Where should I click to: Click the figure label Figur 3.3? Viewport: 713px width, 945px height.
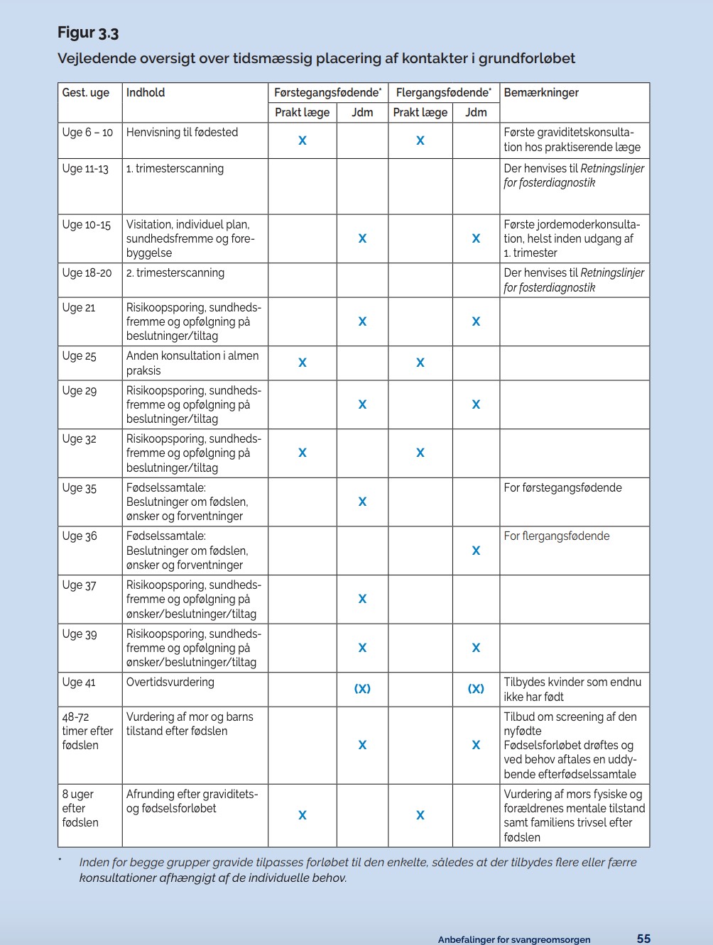(x=88, y=33)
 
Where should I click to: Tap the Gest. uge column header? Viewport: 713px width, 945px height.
(x=86, y=92)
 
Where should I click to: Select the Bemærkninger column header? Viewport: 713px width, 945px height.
(x=541, y=92)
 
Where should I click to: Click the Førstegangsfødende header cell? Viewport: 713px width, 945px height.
(x=327, y=92)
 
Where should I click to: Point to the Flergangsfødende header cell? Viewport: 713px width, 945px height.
(x=443, y=92)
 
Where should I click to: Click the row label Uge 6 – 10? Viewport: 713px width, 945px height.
(x=87, y=132)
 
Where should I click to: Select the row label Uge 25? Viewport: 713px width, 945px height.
(x=79, y=355)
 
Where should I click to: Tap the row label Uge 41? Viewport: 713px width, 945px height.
(x=79, y=682)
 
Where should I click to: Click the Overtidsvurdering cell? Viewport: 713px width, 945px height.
(x=170, y=682)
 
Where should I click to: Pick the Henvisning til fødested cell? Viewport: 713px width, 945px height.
(x=182, y=132)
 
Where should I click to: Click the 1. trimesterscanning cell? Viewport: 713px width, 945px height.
(x=175, y=168)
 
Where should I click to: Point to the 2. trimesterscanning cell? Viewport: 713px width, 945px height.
(x=175, y=272)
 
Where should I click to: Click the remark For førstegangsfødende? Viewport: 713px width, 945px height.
(x=562, y=487)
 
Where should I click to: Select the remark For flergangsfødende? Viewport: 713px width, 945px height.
(x=557, y=536)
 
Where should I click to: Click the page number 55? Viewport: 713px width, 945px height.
(x=643, y=938)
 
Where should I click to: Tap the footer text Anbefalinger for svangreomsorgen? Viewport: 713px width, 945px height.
(x=513, y=939)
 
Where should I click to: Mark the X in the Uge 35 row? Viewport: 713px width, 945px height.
(x=362, y=502)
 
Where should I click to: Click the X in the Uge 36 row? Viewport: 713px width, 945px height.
(x=476, y=551)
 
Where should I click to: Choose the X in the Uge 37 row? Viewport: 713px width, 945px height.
(x=362, y=599)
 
